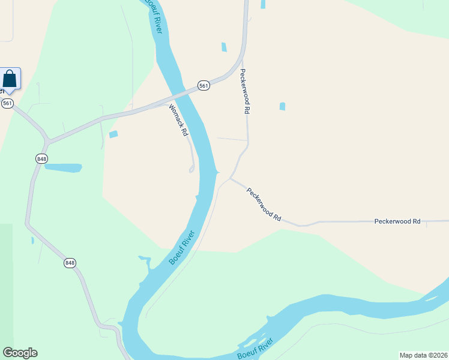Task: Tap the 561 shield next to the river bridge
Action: pos(204,86)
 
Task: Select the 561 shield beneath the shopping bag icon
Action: pos(7,103)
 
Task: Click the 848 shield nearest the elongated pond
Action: pos(41,158)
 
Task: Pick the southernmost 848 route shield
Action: pos(70,263)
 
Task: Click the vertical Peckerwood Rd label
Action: pos(245,91)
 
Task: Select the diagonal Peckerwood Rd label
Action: pos(264,203)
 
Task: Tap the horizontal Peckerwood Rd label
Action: pos(397,221)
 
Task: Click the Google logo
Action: pos(20,353)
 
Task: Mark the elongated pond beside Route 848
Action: pos(62,167)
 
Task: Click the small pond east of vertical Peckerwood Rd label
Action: pos(282,107)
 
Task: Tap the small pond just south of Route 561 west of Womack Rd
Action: pos(113,134)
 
